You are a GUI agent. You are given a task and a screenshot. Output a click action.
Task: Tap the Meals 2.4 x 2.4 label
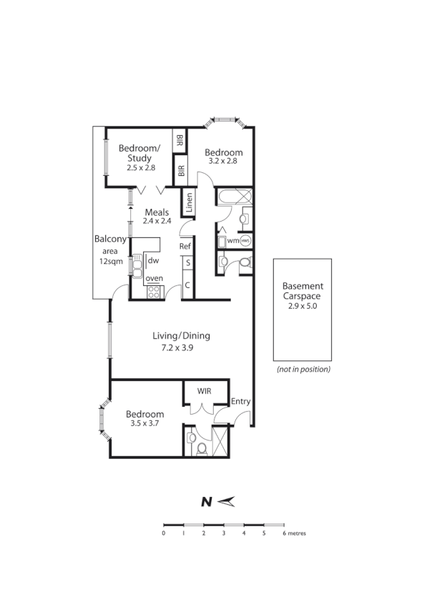tap(157, 217)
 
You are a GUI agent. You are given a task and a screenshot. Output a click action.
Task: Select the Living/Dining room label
tap(181, 336)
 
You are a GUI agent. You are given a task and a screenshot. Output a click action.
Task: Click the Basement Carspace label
tap(302, 290)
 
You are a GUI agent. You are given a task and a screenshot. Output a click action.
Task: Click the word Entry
tap(240, 401)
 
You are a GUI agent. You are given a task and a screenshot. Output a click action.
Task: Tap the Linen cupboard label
tap(189, 202)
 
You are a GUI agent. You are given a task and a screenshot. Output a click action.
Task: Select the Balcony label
tap(110, 240)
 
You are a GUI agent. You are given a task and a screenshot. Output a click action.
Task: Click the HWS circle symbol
tap(245, 241)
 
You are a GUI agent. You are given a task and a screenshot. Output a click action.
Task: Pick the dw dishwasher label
tap(153, 261)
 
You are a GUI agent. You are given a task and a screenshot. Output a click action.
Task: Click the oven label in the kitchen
tap(154, 278)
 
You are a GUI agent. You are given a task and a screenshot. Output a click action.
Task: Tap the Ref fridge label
tap(185, 247)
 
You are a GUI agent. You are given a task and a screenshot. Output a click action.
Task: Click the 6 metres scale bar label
tap(293, 533)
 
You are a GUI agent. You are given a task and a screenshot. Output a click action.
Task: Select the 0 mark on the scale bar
tap(164, 533)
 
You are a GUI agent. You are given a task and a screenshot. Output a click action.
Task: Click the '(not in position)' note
tap(303, 370)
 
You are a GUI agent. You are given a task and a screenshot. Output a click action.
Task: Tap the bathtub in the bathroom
tap(234, 197)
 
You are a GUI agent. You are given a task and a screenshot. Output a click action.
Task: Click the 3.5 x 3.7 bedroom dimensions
tap(144, 423)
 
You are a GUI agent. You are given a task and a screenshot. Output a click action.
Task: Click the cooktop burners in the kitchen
tap(153, 292)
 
